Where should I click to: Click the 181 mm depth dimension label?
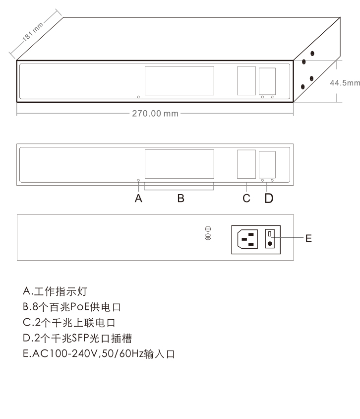pyautogui.click(x=33, y=32)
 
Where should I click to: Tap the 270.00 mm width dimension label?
pyautogui.click(x=155, y=114)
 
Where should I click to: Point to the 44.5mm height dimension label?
pyautogui.click(x=345, y=83)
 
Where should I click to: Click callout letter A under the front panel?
pyautogui.click(x=138, y=199)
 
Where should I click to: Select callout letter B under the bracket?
pyautogui.click(x=180, y=199)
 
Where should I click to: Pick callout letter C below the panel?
pyautogui.click(x=246, y=199)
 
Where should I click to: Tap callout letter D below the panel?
pyautogui.click(x=269, y=199)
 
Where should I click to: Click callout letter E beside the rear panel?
pyautogui.click(x=308, y=238)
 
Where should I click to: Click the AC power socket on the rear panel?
pyautogui.click(x=247, y=239)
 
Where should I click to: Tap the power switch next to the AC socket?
pyautogui.click(x=270, y=239)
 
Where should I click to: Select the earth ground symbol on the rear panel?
pyautogui.click(x=208, y=237)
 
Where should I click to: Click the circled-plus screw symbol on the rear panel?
pyautogui.click(x=208, y=229)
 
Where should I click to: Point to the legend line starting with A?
pyautogui.click(x=55, y=291)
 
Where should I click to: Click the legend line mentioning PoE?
pyautogui.click(x=72, y=307)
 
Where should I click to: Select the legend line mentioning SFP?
pyautogui.click(x=77, y=338)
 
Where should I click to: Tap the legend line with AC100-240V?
pyautogui.click(x=99, y=354)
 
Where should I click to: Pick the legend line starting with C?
pyautogui.click(x=69, y=323)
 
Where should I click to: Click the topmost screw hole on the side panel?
pyautogui.click(x=312, y=54)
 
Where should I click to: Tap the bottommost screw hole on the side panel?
pyautogui.click(x=302, y=87)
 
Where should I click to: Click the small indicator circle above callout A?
pyautogui.click(x=138, y=180)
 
